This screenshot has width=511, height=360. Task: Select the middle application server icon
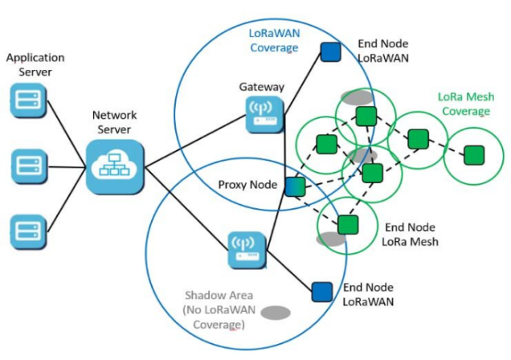[26, 166]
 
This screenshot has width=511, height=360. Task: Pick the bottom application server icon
[26, 227]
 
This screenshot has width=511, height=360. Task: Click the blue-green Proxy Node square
[294, 186]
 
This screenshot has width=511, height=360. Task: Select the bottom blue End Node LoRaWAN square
[321, 291]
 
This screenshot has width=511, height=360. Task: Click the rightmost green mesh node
[475, 153]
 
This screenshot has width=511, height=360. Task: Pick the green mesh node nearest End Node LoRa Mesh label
[347, 224]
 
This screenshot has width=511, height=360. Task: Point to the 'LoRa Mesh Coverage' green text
[464, 103]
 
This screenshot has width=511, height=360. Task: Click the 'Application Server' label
[35, 65]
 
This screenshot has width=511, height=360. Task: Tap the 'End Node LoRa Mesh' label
[411, 234]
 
